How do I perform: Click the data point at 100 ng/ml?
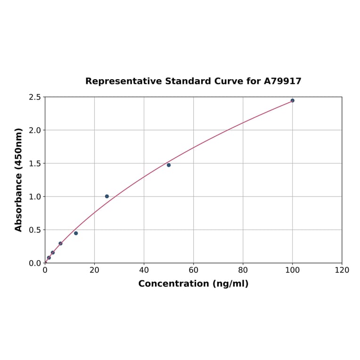point(292,100)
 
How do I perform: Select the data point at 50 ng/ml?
point(169,165)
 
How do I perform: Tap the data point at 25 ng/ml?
point(107,196)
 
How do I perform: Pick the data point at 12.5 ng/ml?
point(76,233)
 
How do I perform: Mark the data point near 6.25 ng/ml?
point(60,244)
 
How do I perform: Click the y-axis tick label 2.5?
point(34,97)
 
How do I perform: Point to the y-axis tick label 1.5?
point(34,164)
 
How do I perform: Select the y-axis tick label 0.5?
point(34,230)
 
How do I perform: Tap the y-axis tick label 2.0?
point(34,130)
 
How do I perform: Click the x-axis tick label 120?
point(342,270)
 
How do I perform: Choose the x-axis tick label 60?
point(193,270)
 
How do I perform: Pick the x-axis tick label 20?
point(94,270)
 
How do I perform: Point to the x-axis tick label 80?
point(243,270)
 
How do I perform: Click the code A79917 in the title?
point(282,82)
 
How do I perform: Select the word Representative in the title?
point(123,82)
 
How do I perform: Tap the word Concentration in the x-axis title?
point(174,284)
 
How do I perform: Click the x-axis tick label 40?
point(144,270)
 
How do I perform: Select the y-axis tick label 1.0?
point(34,196)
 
